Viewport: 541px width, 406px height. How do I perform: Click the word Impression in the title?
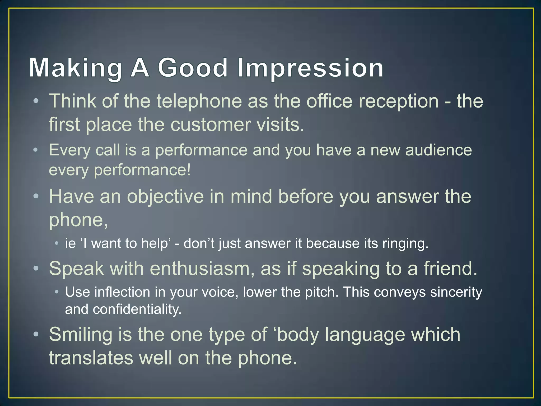[310, 68]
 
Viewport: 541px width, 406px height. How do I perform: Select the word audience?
[439, 150]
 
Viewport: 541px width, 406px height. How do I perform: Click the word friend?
[451, 269]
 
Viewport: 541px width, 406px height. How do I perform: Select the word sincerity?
[456, 292]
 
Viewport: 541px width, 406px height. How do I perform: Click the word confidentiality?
[137, 309]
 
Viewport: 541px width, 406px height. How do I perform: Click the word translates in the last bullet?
[91, 358]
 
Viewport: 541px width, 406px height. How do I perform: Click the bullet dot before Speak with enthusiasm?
[36, 269]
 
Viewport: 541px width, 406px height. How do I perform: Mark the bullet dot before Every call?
[36, 150]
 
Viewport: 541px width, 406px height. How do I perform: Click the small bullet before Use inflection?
[57, 292]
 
